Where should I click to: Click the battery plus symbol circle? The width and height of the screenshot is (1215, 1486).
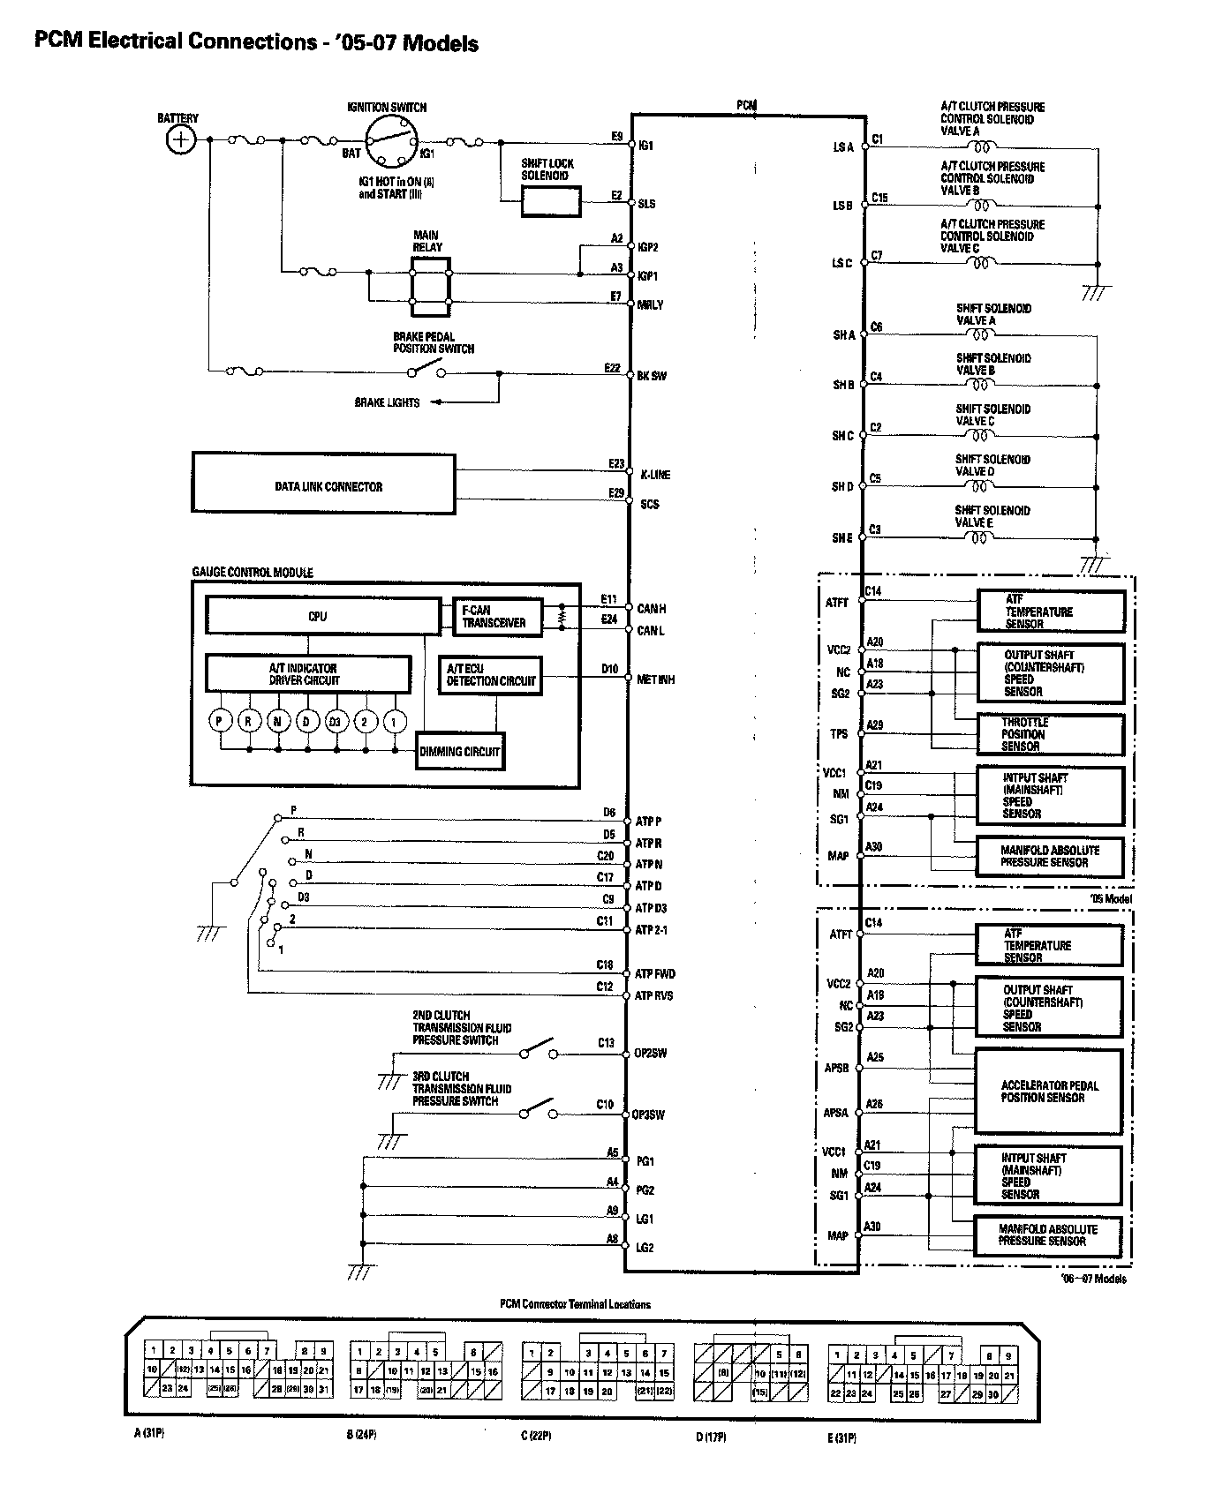(181, 139)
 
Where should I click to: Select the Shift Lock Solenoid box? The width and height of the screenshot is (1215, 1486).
(551, 202)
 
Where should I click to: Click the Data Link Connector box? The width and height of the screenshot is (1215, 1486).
(324, 484)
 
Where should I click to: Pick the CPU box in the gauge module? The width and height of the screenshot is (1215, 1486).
(322, 616)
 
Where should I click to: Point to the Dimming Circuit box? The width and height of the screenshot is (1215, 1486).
(459, 752)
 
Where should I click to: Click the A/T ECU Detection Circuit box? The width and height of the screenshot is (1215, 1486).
(490, 675)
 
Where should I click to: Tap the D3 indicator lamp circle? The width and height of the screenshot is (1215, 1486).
(336, 721)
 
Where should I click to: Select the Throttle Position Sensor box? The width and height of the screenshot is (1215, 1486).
(1050, 734)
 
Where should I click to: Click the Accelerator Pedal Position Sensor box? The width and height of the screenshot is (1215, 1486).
(1048, 1092)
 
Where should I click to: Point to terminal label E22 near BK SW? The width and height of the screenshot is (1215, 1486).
(612, 368)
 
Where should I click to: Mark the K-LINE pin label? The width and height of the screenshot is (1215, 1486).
(654, 475)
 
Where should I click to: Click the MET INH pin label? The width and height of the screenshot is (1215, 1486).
(656, 679)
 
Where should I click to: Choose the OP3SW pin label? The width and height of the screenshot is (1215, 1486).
(649, 1114)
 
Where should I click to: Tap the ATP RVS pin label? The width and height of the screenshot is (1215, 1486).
(654, 995)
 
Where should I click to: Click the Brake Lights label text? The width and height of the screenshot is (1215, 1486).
(387, 402)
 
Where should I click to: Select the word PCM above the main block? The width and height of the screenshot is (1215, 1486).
(746, 105)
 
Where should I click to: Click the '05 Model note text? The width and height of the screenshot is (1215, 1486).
(1111, 898)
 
